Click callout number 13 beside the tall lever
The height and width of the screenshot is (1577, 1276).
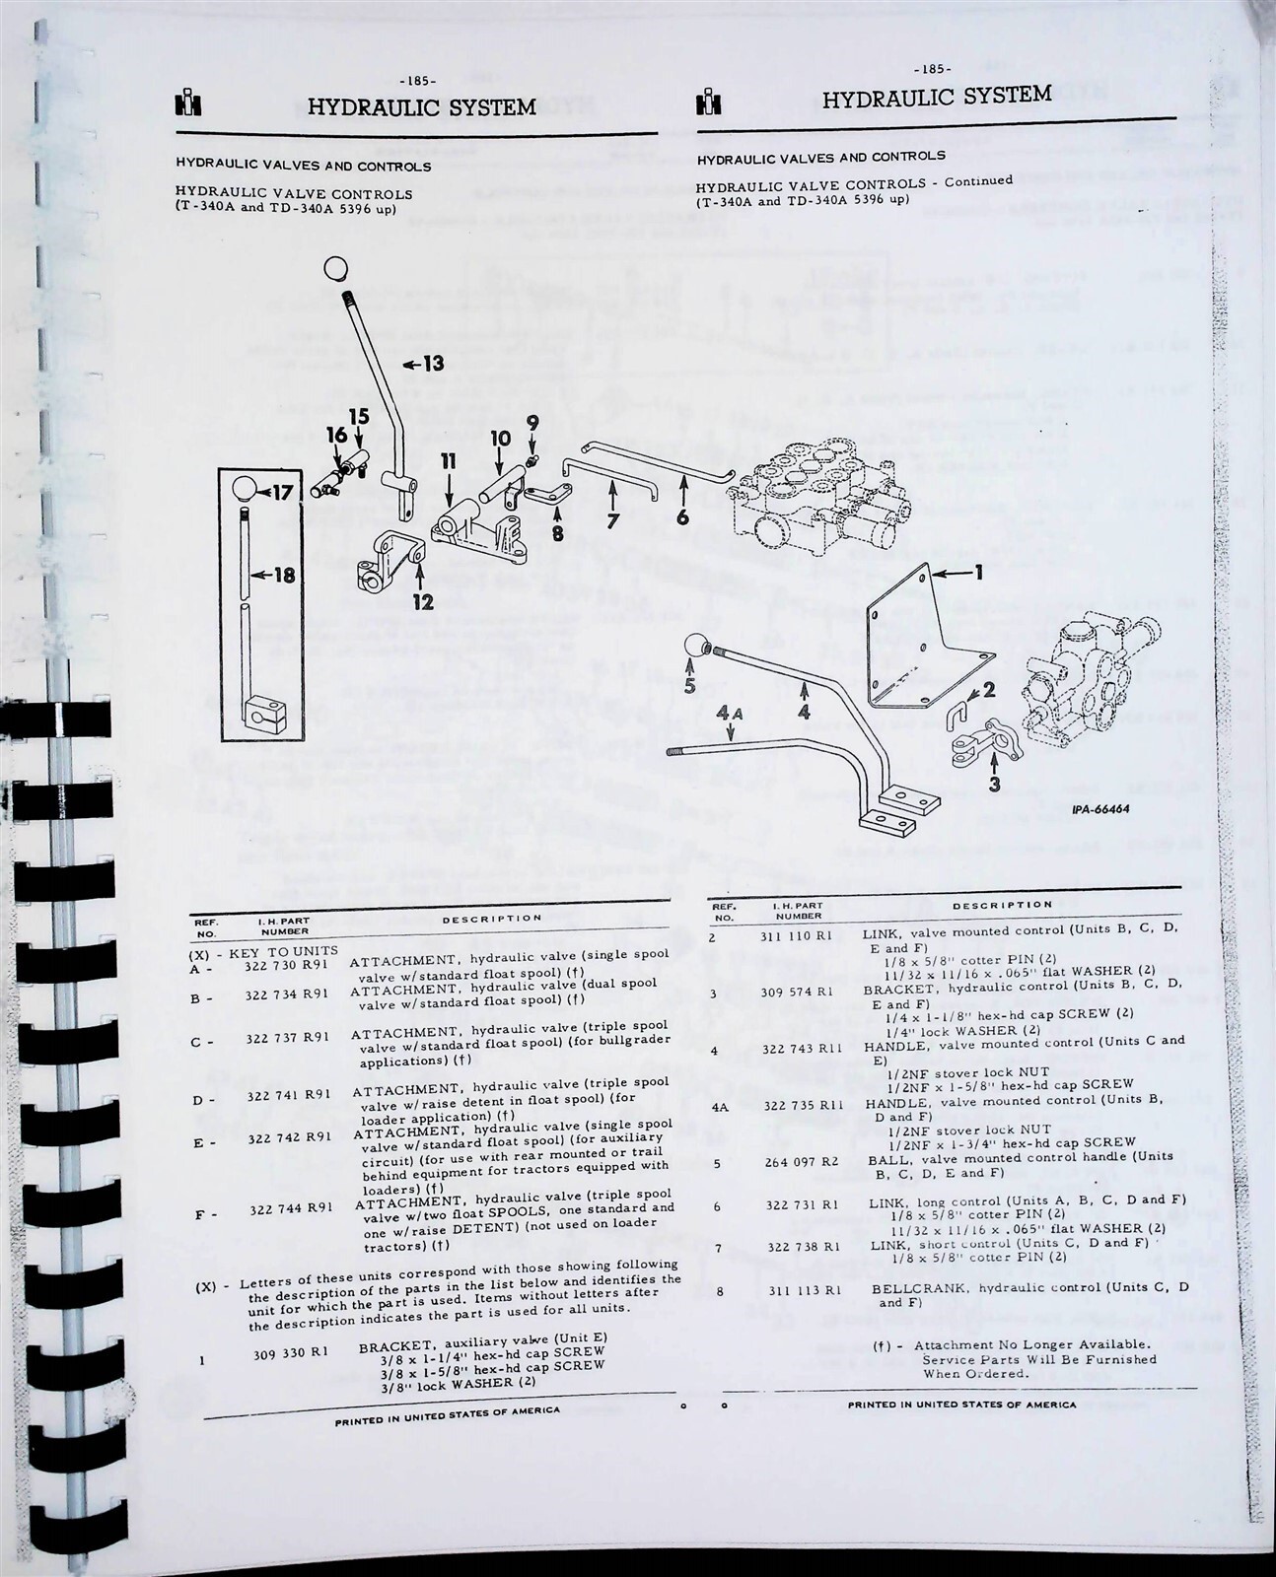pos(432,364)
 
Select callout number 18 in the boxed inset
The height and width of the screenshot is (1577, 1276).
pos(284,575)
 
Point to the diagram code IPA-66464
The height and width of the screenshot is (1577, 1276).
pos(1099,809)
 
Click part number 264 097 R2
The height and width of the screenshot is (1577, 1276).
pos(801,1163)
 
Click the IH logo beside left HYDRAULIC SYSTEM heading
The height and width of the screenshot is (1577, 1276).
pos(188,105)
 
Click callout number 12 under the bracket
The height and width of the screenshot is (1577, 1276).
pos(423,602)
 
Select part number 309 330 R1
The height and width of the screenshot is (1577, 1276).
pos(294,1355)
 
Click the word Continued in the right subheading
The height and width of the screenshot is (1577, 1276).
pos(978,181)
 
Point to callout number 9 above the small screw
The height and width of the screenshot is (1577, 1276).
pos(532,422)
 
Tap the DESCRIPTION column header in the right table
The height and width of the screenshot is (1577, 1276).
pos(1002,905)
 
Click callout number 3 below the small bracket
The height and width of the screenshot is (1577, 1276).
pos(993,785)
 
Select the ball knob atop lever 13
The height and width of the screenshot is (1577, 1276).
pos(336,268)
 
